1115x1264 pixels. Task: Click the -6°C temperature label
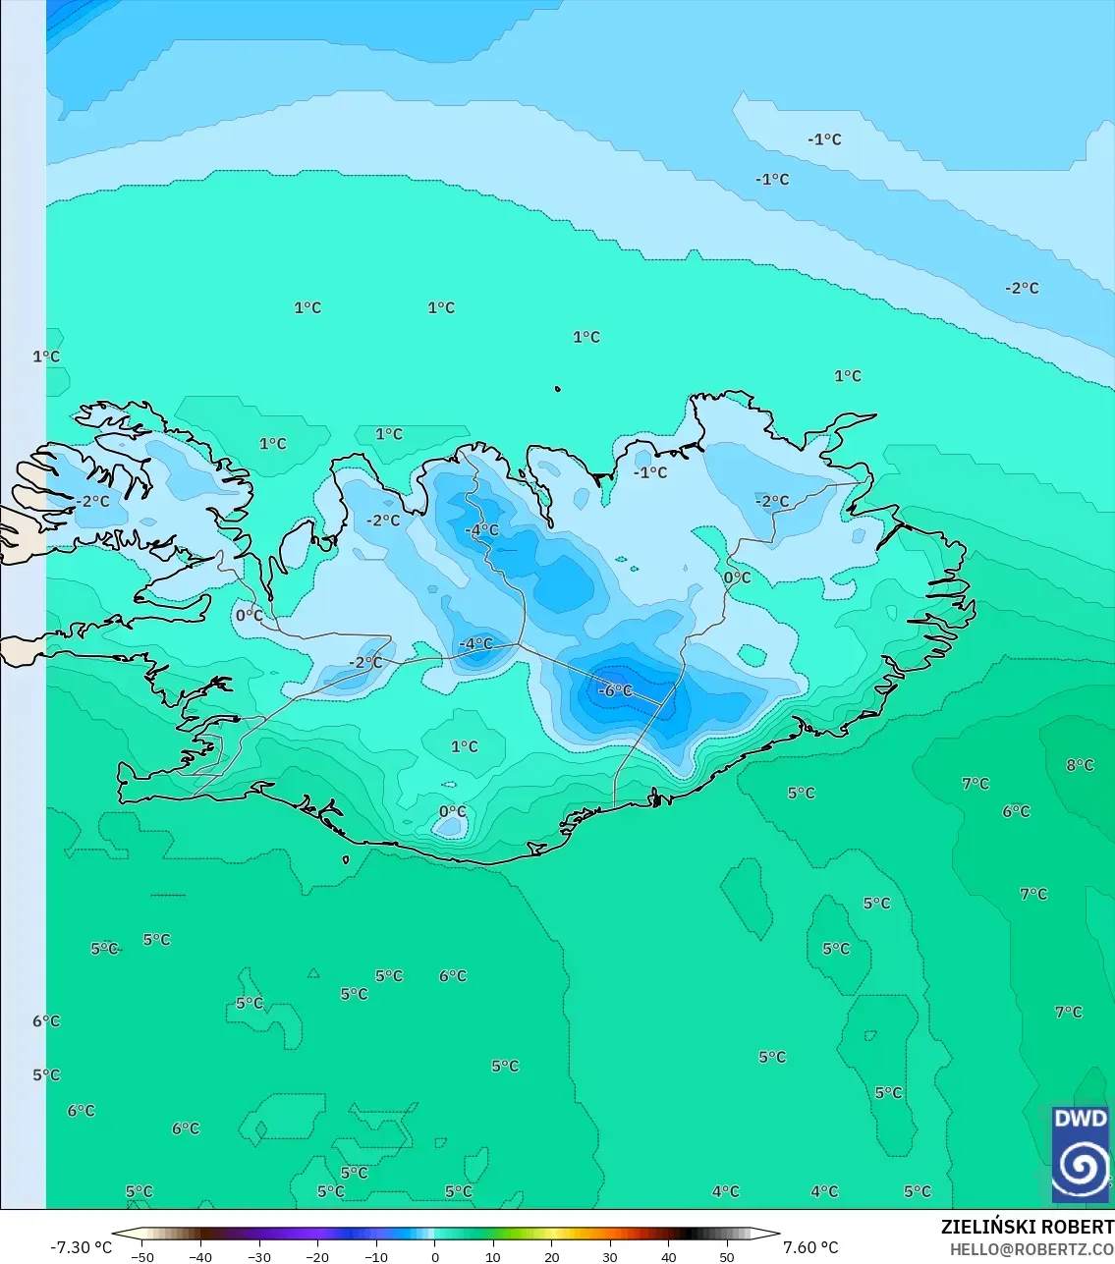[616, 690]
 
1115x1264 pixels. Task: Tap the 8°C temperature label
[1080, 765]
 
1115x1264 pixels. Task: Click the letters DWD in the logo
[1080, 1119]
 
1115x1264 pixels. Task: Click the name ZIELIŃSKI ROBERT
[1027, 1227]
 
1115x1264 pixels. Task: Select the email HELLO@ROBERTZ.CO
[1031, 1249]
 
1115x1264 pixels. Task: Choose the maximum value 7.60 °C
[810, 1247]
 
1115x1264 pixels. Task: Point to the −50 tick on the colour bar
[142, 1257]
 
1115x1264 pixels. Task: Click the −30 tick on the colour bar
[259, 1257]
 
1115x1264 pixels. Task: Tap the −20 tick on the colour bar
[317, 1257]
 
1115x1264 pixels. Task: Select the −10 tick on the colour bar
[376, 1257]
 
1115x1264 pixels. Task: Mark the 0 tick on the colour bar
[435, 1257]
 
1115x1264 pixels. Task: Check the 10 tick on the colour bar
[493, 1257]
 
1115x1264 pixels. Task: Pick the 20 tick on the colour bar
[552, 1257]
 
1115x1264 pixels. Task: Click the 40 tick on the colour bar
[669, 1257]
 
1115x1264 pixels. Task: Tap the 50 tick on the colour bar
[727, 1257]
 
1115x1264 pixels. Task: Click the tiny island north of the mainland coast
[558, 390]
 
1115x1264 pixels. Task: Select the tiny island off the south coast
[346, 860]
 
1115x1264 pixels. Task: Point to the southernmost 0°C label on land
[453, 811]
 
